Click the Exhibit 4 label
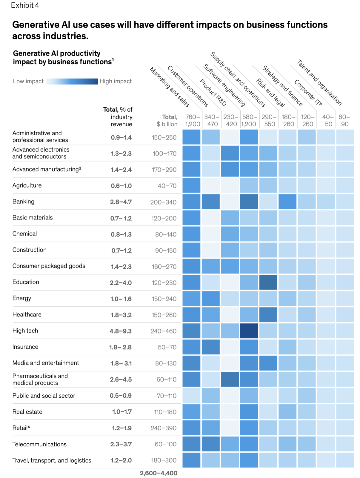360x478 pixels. (x=25, y=5)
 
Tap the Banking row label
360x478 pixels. (x=23, y=202)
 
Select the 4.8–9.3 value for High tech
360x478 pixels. (x=121, y=331)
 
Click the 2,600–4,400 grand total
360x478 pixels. (x=159, y=473)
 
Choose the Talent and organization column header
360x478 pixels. (x=319, y=82)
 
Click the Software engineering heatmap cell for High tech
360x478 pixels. (x=249, y=331)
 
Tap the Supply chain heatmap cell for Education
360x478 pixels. (x=268, y=282)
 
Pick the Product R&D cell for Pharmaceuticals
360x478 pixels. (x=230, y=379)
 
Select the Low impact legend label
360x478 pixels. (x=28, y=81)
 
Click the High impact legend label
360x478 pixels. (x=116, y=81)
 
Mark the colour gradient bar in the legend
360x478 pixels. (x=72, y=81)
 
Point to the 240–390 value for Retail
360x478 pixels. (x=164, y=428)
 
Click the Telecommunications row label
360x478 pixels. (x=39, y=444)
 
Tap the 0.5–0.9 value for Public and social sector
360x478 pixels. (x=121, y=396)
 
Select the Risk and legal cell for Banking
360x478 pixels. (x=287, y=202)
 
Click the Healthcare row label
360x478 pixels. (x=27, y=314)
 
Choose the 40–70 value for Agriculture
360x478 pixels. (x=167, y=186)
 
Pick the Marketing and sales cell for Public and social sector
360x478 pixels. (x=191, y=395)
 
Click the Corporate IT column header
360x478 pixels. (x=308, y=93)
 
